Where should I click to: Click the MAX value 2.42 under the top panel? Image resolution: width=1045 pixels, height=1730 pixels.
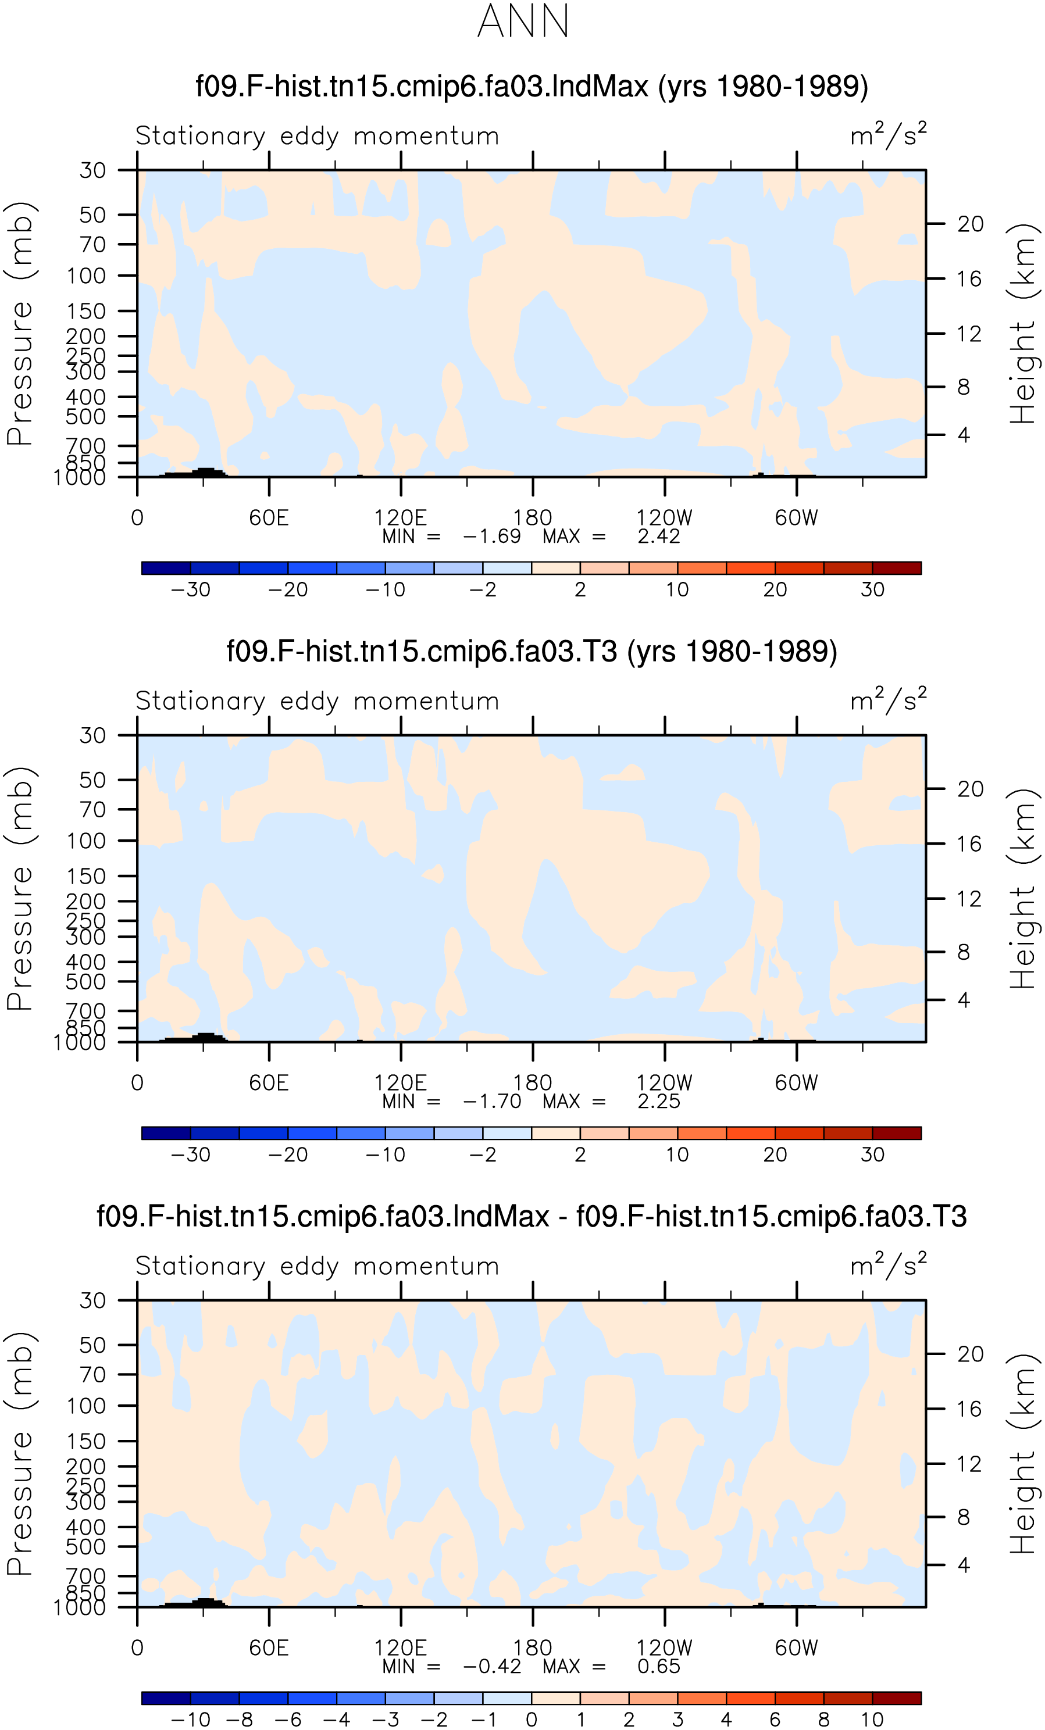tap(659, 537)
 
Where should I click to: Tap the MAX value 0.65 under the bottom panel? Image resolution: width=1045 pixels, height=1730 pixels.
tap(659, 1667)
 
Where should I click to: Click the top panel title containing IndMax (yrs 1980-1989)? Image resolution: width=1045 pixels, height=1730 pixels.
tap(532, 87)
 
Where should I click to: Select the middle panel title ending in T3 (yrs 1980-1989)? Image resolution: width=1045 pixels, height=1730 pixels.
tap(532, 652)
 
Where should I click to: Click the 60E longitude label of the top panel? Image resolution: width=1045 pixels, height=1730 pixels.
tap(269, 518)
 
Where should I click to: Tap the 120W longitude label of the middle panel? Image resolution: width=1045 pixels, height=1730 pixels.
tap(664, 1084)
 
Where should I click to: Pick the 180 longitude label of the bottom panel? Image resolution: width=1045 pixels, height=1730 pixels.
tap(532, 1649)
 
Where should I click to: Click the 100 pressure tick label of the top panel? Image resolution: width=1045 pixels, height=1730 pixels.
tap(87, 276)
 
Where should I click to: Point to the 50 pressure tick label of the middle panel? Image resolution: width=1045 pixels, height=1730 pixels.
tap(92, 780)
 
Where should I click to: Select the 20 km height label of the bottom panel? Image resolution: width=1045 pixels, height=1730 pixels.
tap(971, 1354)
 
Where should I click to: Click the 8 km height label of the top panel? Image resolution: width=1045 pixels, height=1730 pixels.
tap(964, 387)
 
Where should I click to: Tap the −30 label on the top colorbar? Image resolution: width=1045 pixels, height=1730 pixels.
tap(190, 590)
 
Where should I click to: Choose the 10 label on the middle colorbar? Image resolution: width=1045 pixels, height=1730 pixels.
tap(677, 1155)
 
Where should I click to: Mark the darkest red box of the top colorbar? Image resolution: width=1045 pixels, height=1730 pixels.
tap(897, 568)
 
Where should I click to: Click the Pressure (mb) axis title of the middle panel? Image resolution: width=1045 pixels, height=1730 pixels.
tap(20, 888)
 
